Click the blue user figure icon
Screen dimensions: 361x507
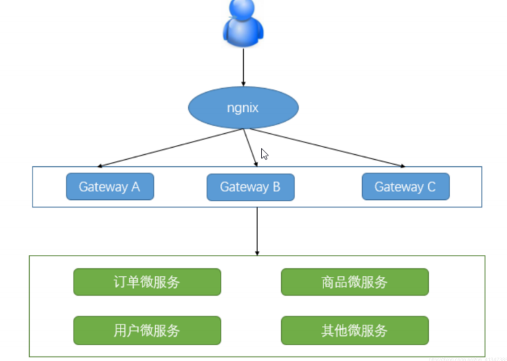[243, 23]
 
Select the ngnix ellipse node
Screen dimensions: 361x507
[243, 107]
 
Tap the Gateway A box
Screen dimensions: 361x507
[109, 187]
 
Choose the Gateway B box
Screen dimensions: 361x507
[250, 187]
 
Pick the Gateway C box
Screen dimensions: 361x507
[405, 187]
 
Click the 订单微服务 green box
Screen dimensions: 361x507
[146, 282]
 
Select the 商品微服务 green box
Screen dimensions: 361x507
[355, 282]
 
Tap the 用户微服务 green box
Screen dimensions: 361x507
[146, 331]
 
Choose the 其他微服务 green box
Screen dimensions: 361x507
[355, 331]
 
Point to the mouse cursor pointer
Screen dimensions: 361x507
[264, 154]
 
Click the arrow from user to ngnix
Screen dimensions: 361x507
[243, 66]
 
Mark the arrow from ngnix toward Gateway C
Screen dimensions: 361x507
[325, 148]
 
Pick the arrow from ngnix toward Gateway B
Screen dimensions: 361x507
[250, 147]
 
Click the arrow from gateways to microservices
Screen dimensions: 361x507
[257, 229]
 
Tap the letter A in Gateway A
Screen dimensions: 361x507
[135, 187]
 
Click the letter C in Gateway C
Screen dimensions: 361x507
[431, 187]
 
